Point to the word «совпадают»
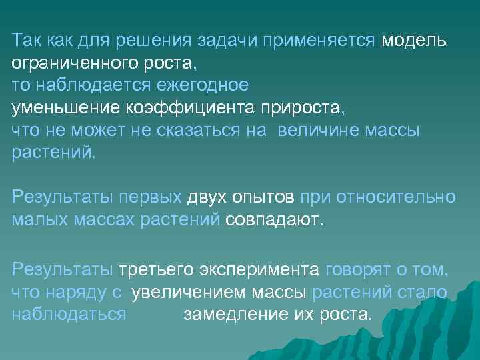(274, 220)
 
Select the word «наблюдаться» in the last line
(69, 314)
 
